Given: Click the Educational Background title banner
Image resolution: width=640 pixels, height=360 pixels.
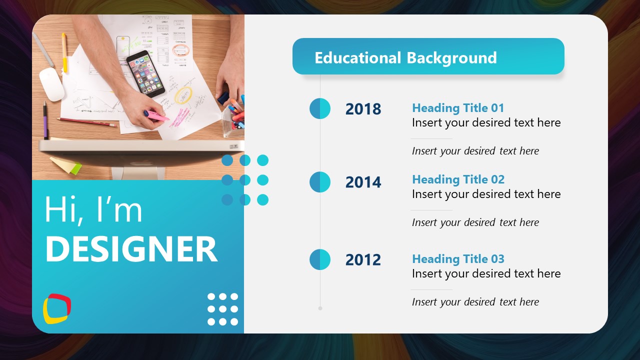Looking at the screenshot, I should click(428, 56).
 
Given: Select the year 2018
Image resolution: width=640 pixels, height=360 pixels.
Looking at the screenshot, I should click(363, 109).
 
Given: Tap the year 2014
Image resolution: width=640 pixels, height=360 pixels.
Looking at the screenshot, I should click(363, 182).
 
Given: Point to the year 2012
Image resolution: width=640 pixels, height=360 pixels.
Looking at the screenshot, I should click(363, 260).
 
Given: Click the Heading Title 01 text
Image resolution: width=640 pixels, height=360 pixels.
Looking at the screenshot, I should click(458, 108).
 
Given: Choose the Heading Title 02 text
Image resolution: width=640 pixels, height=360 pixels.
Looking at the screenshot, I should click(458, 179).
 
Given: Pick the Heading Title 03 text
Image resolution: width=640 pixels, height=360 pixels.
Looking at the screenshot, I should click(458, 259).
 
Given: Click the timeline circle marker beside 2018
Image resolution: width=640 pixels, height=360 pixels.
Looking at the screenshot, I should click(320, 108).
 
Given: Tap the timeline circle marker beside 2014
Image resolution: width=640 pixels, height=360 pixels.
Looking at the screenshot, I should click(320, 182).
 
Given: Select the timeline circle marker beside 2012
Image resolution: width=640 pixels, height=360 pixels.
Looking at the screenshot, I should click(320, 259).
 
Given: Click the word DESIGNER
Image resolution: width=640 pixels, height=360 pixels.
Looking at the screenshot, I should click(131, 249).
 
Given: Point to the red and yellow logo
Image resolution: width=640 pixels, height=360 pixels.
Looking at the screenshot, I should click(56, 308).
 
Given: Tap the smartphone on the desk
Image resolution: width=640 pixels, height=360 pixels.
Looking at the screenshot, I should click(145, 73).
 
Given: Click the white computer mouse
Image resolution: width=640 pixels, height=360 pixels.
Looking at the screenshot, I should click(51, 84).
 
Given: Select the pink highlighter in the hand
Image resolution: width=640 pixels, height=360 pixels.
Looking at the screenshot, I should click(158, 116).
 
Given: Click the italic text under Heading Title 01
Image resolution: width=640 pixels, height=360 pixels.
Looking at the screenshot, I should click(475, 151).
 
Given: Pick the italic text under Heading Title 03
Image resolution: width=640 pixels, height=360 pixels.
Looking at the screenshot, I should click(475, 302).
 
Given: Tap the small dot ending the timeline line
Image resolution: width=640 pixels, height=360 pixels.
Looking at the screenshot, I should click(320, 308).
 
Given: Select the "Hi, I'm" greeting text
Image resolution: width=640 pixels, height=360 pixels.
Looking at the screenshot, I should click(93, 209).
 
